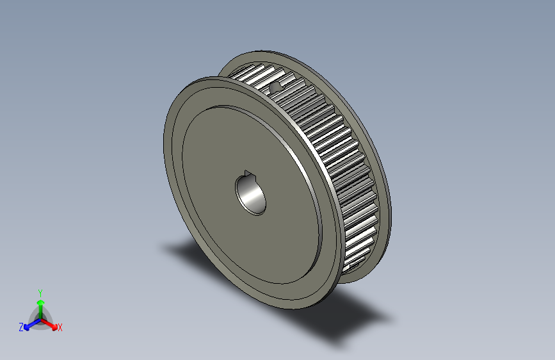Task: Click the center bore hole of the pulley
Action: tap(250, 195)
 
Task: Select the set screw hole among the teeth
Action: tap(276, 86)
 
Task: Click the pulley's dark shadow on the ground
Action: tap(333, 320)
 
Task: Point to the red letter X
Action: tap(60, 327)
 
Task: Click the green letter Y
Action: tap(40, 291)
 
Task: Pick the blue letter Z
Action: tap(21, 327)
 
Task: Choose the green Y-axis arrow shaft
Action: tap(40, 309)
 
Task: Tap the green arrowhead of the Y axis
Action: tap(40, 300)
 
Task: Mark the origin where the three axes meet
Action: tap(40, 318)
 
